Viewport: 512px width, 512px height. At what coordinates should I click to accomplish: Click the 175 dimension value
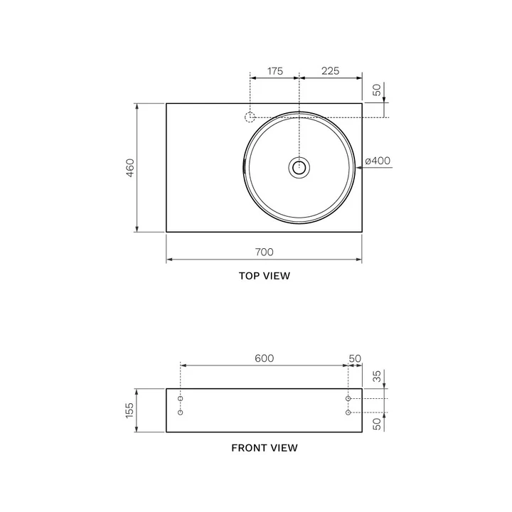tap(275, 71)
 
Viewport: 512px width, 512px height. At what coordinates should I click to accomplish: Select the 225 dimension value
tap(330, 71)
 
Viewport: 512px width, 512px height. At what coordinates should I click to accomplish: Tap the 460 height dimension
tap(130, 168)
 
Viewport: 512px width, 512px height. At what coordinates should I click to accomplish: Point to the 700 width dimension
tap(264, 252)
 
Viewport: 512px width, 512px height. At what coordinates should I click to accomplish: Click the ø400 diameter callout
tap(378, 161)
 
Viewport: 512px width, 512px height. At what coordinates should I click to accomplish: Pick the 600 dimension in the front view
tap(264, 358)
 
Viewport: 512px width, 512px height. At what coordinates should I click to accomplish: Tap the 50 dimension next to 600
tap(355, 358)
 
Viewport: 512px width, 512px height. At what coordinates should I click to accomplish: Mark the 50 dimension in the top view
tap(378, 90)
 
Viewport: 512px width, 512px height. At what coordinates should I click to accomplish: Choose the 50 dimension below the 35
tap(378, 424)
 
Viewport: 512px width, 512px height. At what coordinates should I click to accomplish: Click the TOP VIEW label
tap(264, 276)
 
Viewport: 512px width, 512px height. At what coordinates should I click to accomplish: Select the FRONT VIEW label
tap(264, 448)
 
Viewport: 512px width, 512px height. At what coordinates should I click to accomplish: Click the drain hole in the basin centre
tap(299, 168)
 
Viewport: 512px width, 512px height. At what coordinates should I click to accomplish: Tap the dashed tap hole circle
tap(250, 117)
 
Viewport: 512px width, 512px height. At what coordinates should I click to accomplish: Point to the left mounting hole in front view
tap(181, 412)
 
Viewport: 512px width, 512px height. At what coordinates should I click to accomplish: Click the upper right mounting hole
tap(348, 399)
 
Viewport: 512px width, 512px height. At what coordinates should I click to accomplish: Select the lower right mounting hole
tap(348, 412)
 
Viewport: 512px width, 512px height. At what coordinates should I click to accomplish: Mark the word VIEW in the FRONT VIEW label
tap(284, 448)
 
